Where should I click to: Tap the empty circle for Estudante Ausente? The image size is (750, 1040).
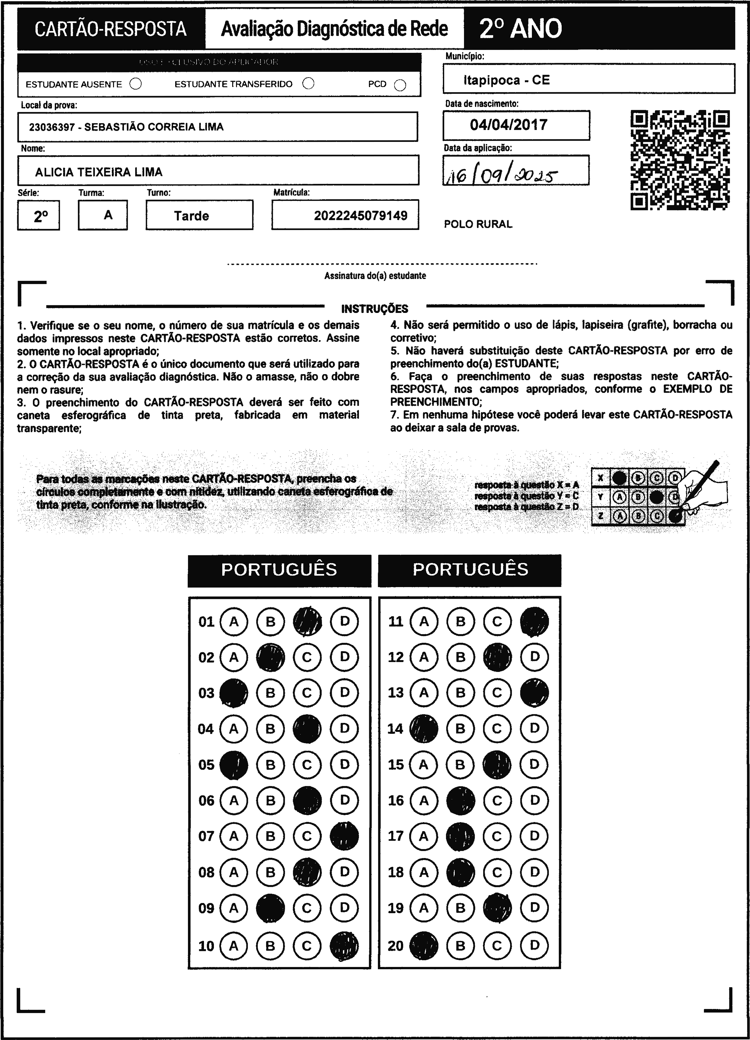136,84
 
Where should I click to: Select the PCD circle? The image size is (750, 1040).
400,85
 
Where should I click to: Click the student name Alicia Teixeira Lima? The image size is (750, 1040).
99,172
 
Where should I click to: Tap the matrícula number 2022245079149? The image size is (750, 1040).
360,216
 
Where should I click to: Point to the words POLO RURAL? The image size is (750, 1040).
478,224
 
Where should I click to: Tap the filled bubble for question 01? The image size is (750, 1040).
307,621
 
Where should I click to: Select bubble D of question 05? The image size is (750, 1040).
344,765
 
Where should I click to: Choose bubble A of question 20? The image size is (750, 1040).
424,945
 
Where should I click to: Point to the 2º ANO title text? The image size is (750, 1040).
520,29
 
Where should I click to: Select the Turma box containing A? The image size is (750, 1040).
103,215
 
